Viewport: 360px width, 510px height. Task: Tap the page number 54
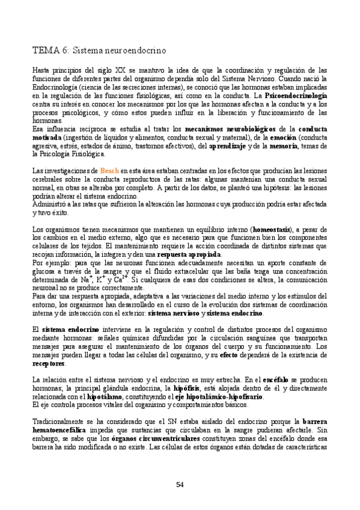tap(180, 485)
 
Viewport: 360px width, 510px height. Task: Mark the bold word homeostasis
tap(273, 230)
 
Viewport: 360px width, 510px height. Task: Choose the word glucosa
tap(46, 272)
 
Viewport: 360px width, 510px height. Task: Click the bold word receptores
tap(49, 364)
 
